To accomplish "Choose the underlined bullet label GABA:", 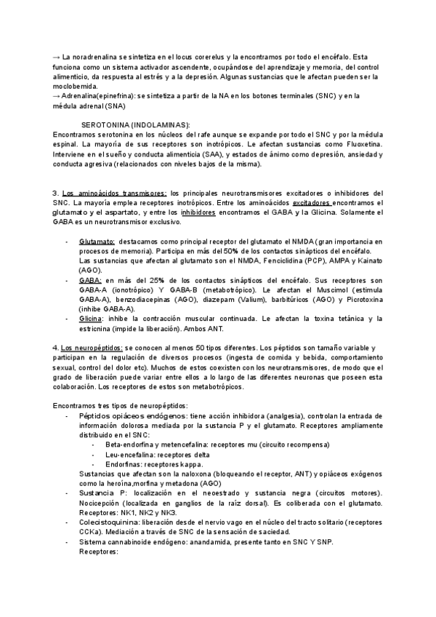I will click(90, 280).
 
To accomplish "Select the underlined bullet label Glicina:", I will click(92, 319).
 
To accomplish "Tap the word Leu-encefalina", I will click(131, 454).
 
